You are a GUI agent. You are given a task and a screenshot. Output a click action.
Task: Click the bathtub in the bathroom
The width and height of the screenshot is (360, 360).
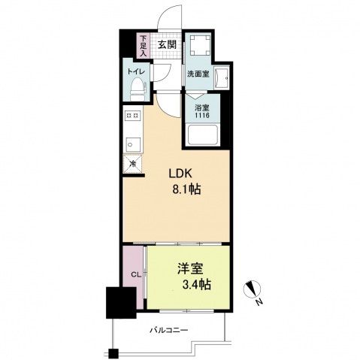(202, 136)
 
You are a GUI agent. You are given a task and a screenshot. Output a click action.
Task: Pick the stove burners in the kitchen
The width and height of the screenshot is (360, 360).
(132, 115)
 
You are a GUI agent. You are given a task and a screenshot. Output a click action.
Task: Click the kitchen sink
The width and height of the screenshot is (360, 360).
(131, 142)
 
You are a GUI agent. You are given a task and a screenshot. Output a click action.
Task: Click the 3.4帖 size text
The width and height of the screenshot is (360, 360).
(194, 285)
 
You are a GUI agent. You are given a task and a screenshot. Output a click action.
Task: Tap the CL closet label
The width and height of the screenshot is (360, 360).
(135, 276)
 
